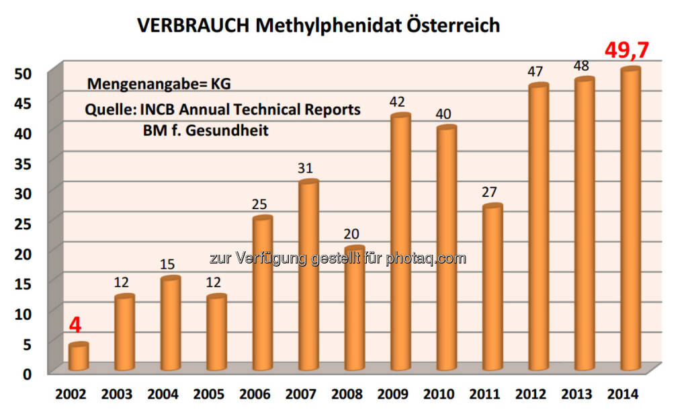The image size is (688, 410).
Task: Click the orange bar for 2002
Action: tap(79, 358)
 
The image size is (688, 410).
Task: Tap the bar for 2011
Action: tap(492, 288)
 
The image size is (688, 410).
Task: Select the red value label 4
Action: tap(75, 325)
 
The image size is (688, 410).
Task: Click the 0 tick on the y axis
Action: tap(27, 373)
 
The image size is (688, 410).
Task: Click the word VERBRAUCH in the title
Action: tap(194, 26)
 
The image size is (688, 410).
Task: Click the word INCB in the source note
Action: tap(172, 110)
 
